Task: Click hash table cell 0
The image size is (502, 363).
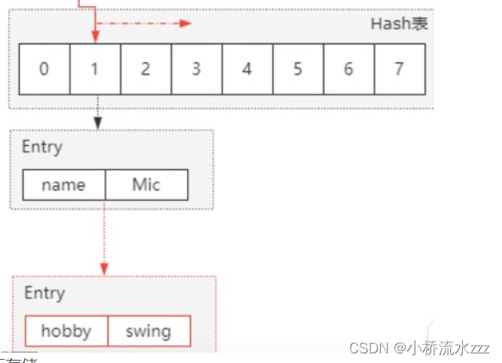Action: [44, 69]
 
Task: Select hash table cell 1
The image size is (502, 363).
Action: [95, 69]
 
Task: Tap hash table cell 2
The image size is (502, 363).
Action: [146, 69]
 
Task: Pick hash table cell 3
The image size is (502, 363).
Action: [196, 69]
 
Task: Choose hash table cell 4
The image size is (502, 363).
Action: [247, 69]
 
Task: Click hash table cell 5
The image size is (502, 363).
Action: [297, 69]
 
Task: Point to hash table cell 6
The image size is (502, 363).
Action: [348, 69]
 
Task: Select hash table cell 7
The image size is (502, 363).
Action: [398, 69]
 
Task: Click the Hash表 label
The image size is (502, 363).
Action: [398, 23]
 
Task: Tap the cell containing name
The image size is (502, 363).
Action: [64, 185]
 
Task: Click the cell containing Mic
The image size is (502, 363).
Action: [147, 185]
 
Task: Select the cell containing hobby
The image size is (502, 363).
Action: [65, 331]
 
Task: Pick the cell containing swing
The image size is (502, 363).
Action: [148, 331]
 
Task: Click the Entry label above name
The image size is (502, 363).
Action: [41, 148]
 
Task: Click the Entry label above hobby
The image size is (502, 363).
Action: [44, 293]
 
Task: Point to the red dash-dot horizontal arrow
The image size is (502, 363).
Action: [147, 23]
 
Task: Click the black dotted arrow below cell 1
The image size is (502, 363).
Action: [96, 112]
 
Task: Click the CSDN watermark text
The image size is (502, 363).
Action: [421, 349]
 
